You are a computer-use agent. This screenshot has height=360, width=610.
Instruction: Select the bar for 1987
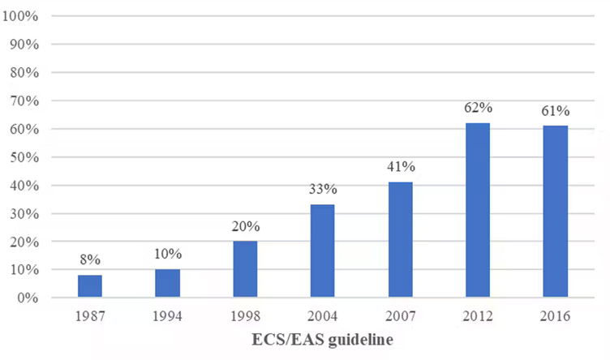coord(89,286)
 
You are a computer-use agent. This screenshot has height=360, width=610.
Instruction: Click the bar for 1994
coord(167,283)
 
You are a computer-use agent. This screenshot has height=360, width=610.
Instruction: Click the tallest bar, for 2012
coord(477,210)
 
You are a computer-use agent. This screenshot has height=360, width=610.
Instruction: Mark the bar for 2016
coord(556,212)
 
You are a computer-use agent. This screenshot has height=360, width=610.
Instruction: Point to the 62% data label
coord(477,108)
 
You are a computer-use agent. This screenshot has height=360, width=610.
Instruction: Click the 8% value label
coord(89,259)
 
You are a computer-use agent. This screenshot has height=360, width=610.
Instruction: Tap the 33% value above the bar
coord(322,189)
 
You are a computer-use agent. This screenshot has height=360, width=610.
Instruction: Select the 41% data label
coord(400,166)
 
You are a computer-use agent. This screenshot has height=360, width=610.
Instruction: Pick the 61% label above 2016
coord(556,110)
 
